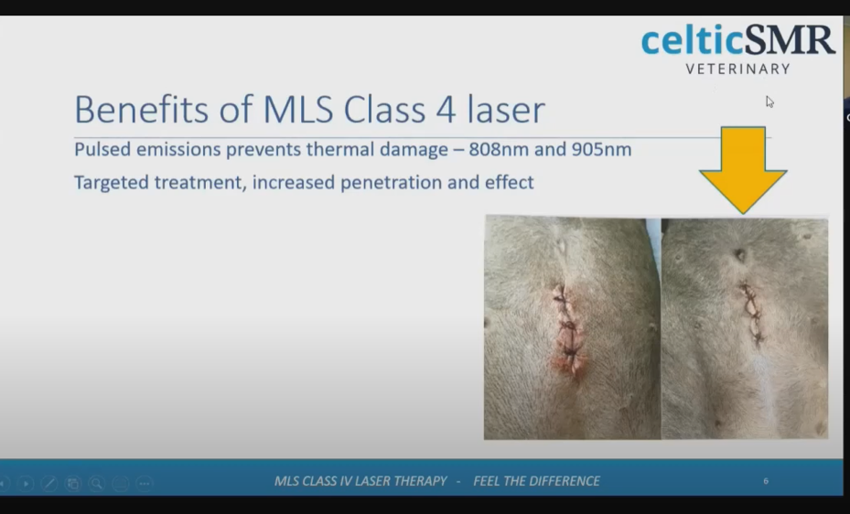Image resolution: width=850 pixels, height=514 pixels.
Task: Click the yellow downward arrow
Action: pyautogui.click(x=743, y=169)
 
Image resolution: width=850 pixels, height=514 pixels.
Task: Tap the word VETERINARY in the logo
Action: pyautogui.click(x=737, y=69)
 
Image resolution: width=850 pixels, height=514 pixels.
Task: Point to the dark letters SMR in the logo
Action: pyautogui.click(x=790, y=39)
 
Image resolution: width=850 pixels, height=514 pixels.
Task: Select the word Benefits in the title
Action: pyautogui.click(x=142, y=110)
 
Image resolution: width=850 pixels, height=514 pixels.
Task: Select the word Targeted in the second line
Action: pyautogui.click(x=111, y=183)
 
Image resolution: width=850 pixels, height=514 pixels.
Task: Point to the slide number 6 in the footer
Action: pyautogui.click(x=766, y=481)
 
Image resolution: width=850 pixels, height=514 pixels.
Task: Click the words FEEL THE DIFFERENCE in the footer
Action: pyautogui.click(x=537, y=481)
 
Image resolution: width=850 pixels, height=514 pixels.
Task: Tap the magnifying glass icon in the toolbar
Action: pyautogui.click(x=96, y=483)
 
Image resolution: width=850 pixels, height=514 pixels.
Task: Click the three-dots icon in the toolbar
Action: pyautogui.click(x=145, y=483)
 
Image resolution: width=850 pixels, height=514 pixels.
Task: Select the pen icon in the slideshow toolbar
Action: pyautogui.click(x=49, y=483)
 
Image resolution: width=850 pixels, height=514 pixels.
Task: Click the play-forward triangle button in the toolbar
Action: pyautogui.click(x=26, y=483)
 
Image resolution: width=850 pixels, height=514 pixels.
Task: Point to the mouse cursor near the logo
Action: pyautogui.click(x=769, y=102)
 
